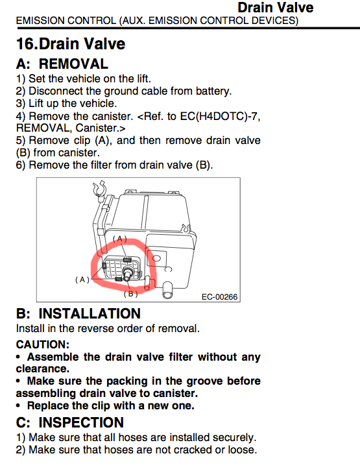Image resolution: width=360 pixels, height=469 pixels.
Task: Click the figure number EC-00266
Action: coord(224,296)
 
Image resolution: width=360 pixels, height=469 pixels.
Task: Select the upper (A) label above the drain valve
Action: coord(120,239)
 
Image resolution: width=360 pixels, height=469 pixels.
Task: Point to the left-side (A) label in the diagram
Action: coord(82,280)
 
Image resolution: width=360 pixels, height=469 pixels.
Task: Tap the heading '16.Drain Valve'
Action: coord(71,44)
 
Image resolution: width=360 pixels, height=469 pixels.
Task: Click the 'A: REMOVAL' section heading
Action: coord(62,64)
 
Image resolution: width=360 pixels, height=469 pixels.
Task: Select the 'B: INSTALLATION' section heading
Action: coord(78,314)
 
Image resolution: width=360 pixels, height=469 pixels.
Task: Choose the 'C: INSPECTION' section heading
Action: coord(69,422)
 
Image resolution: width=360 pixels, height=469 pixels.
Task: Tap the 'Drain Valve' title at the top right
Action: coord(275,8)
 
